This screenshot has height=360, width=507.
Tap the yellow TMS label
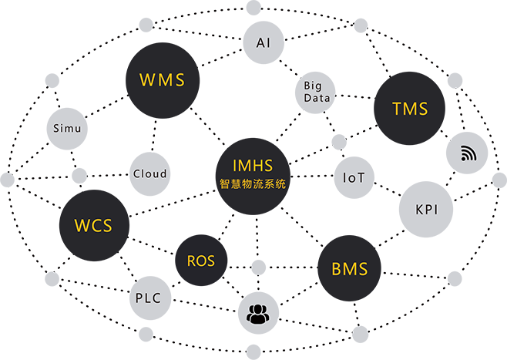click(x=409, y=109)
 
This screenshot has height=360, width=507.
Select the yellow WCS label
click(x=93, y=226)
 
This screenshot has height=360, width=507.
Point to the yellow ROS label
click(x=200, y=261)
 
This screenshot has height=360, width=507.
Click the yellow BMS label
click(x=349, y=270)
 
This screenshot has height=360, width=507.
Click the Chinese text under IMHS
click(x=252, y=183)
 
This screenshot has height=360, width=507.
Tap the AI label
click(x=264, y=43)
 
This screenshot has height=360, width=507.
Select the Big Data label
click(x=317, y=92)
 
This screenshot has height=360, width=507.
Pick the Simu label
click(x=66, y=128)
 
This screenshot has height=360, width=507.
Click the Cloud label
click(x=149, y=173)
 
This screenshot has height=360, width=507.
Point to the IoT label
click(x=354, y=177)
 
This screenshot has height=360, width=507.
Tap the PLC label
click(x=148, y=298)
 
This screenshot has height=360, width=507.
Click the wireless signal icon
click(x=469, y=153)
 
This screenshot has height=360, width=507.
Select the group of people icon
click(x=260, y=314)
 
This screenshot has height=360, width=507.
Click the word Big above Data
click(x=313, y=86)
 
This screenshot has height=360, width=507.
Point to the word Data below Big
click(x=317, y=98)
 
